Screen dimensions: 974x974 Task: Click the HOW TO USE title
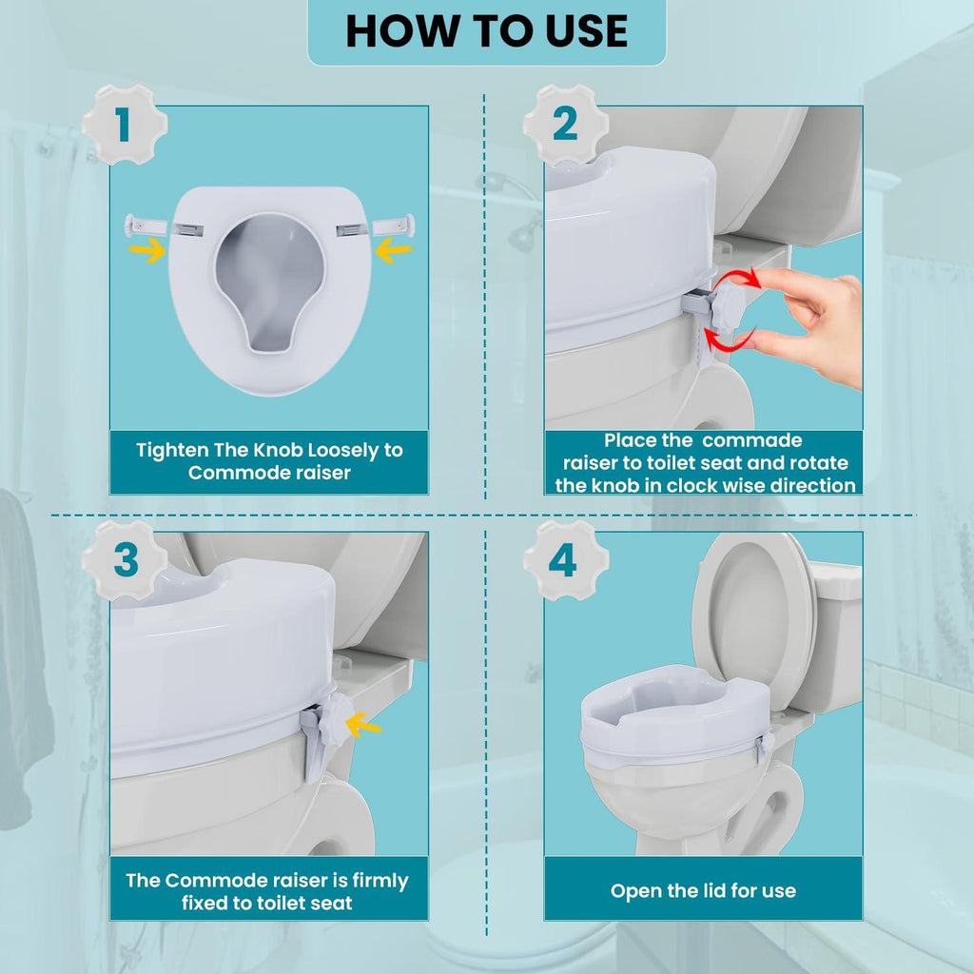pos(486,31)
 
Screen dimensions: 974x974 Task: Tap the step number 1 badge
pos(124,125)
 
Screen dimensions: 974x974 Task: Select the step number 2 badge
pos(565,125)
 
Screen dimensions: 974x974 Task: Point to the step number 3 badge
pos(125,560)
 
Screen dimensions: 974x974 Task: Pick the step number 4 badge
pos(565,560)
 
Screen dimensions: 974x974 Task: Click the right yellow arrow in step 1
pos(394,251)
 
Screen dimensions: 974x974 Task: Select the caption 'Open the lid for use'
pos(703,891)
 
